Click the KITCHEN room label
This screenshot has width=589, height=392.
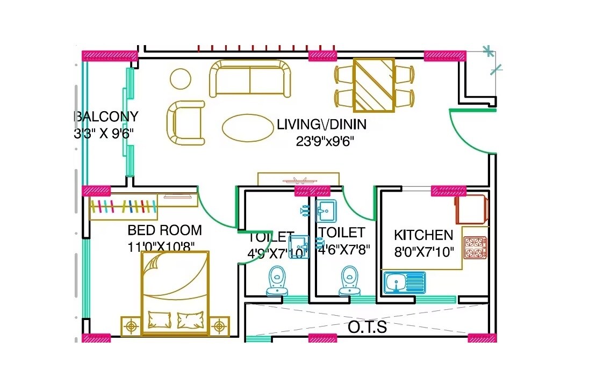pyautogui.click(x=423, y=235)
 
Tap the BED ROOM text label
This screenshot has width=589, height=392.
pyautogui.click(x=164, y=230)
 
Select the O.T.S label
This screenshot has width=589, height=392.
pyautogui.click(x=367, y=327)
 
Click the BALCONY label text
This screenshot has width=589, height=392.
pyautogui.click(x=106, y=117)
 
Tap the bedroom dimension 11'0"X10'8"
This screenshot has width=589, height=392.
pyautogui.click(x=161, y=246)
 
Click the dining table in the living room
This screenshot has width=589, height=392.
pyautogui.click(x=373, y=85)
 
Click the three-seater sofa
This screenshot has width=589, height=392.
pyautogui.click(x=249, y=79)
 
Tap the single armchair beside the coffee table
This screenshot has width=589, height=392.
pyautogui.click(x=186, y=123)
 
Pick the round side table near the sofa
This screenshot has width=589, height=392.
pyautogui.click(x=181, y=79)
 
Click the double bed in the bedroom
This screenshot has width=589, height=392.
pyautogui.click(x=175, y=293)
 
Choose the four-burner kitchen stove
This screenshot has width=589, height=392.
pyautogui.click(x=475, y=248)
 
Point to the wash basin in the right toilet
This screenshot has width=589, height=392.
pyautogui.click(x=326, y=209)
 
